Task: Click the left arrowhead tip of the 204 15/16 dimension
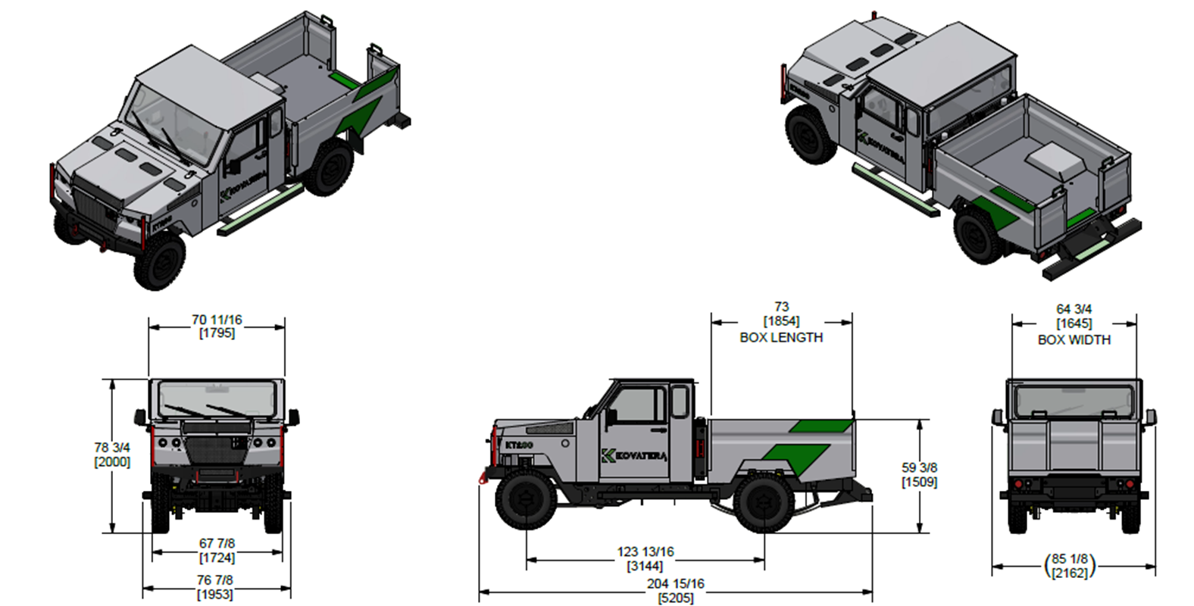480,591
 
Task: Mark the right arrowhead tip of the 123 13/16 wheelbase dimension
764,560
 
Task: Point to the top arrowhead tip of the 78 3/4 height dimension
112,380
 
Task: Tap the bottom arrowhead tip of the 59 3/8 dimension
920,533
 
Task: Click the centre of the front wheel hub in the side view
526,499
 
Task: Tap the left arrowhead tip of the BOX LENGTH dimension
711,322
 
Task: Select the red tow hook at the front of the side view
483,477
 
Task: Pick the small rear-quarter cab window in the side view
680,401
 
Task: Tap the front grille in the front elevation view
216,451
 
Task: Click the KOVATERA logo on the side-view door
634,456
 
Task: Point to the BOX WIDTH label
1074,340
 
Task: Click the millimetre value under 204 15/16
676,598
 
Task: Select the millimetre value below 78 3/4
112,461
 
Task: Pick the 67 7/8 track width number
217,543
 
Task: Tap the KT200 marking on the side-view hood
519,445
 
